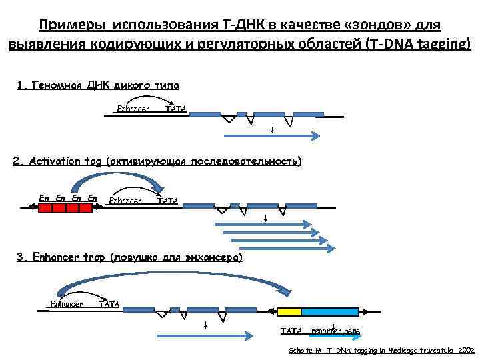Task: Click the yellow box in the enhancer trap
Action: point(289,311)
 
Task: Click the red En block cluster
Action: point(65,207)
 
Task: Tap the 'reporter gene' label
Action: point(335,331)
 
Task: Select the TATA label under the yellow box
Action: point(291,331)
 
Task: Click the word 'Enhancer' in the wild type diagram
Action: point(133,109)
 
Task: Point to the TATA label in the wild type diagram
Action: point(176,109)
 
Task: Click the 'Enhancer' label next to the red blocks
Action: point(125,200)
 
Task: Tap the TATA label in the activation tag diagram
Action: point(167,200)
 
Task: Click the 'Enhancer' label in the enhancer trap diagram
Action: point(67,304)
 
